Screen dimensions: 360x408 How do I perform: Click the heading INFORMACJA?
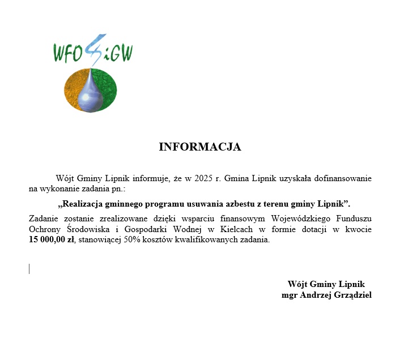coord(200,147)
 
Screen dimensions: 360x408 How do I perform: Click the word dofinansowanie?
coord(343,178)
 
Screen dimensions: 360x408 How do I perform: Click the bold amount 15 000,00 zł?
coord(50,240)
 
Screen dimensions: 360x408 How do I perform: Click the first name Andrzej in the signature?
coord(322,295)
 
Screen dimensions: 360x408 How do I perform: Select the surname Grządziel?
coord(356,295)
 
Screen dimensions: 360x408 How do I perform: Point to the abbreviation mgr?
coord(291,295)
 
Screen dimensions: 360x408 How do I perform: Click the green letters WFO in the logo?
coord(70,53)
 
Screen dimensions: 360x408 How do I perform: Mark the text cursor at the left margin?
coord(29,268)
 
